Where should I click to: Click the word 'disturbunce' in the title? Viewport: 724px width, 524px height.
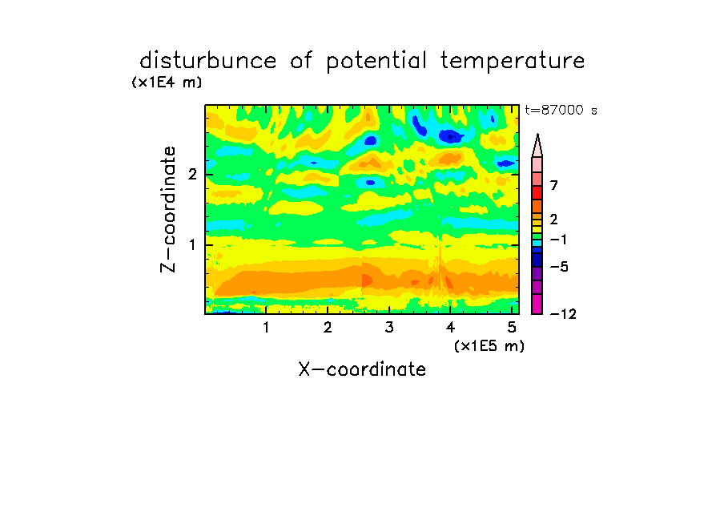pyautogui.click(x=207, y=61)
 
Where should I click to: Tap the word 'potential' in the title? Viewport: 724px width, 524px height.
pyautogui.click(x=376, y=62)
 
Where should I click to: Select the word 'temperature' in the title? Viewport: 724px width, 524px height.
pyautogui.click(x=513, y=62)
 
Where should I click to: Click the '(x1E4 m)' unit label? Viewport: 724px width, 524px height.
pyautogui.click(x=167, y=83)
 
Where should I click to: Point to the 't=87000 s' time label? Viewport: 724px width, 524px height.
pyautogui.click(x=561, y=110)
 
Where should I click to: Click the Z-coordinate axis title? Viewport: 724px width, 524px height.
pyautogui.click(x=168, y=209)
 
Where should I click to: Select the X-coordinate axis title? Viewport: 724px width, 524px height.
pyautogui.click(x=362, y=369)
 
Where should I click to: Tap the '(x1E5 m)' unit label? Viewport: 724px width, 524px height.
pyautogui.click(x=489, y=345)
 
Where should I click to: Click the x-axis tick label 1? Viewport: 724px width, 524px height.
pyautogui.click(x=266, y=328)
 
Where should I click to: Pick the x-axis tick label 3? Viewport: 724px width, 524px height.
pyautogui.click(x=389, y=328)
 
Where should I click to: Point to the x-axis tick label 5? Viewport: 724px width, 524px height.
pyautogui.click(x=512, y=328)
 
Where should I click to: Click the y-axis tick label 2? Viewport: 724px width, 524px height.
pyautogui.click(x=192, y=175)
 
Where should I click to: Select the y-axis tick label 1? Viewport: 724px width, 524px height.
pyautogui.click(x=192, y=245)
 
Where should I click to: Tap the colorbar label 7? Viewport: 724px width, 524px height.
pyautogui.click(x=554, y=186)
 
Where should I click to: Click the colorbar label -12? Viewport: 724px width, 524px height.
pyautogui.click(x=563, y=314)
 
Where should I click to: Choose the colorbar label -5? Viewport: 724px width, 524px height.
pyautogui.click(x=559, y=267)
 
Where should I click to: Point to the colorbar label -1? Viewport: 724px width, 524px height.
pyautogui.click(x=558, y=240)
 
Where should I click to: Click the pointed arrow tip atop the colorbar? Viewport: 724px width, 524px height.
pyautogui.click(x=537, y=135)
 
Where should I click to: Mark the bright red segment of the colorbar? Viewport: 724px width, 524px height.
pyautogui.click(x=537, y=192)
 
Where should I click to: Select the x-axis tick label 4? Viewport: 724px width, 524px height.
pyautogui.click(x=450, y=328)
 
